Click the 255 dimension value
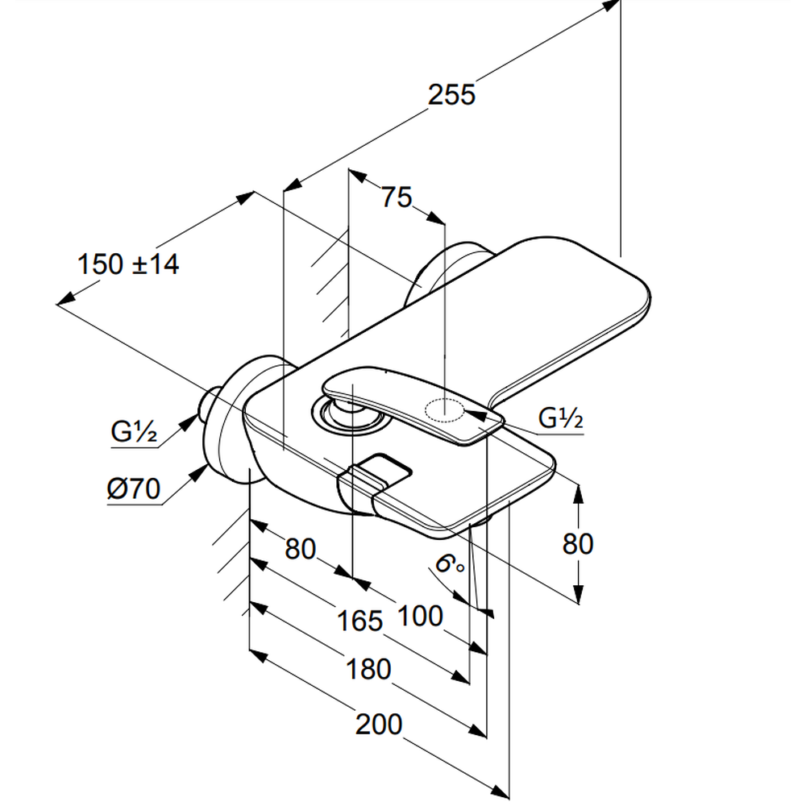(x=451, y=95)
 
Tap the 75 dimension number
(x=397, y=197)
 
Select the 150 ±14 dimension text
(x=128, y=264)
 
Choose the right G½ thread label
(x=560, y=418)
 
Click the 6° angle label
(x=450, y=563)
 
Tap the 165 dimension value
(x=359, y=621)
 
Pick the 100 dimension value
(x=420, y=615)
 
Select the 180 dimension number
(x=368, y=669)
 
